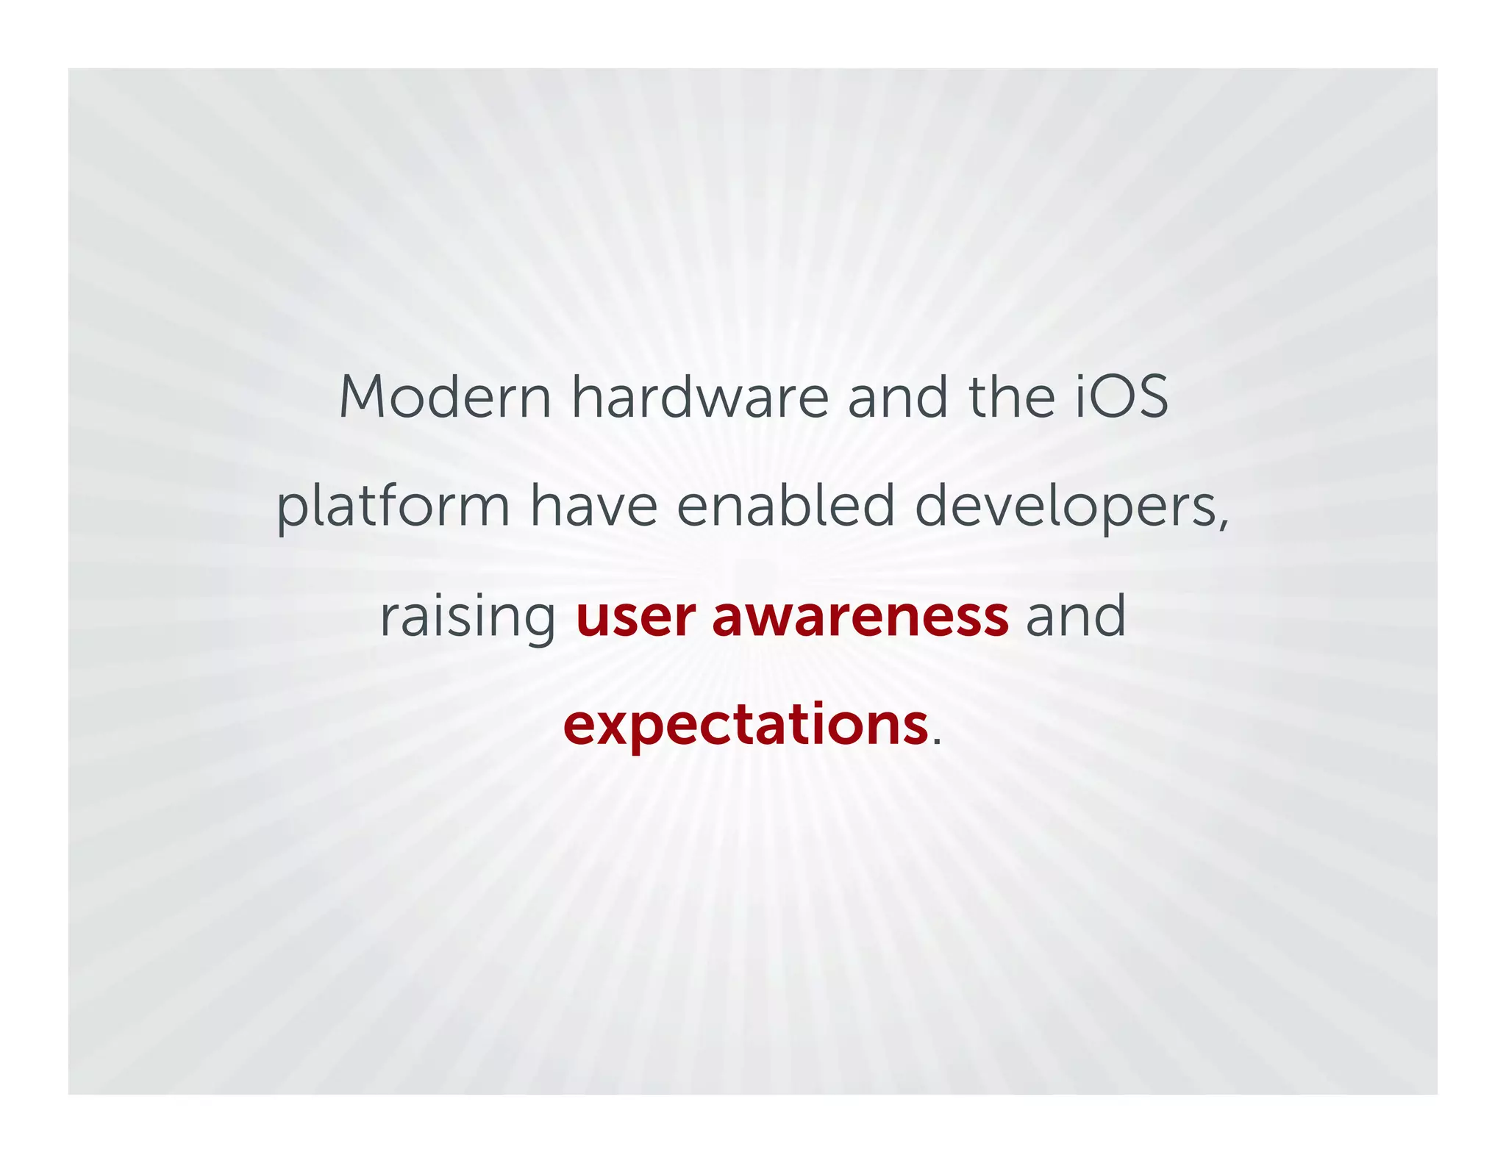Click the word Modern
[x=445, y=397]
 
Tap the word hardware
[x=700, y=397]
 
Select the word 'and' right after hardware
[x=898, y=397]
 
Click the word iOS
[x=1122, y=397]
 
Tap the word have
[x=594, y=507]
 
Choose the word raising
[x=468, y=618]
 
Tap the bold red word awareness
[x=860, y=618]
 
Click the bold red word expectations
[x=746, y=726]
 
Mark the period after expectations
[x=936, y=742]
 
